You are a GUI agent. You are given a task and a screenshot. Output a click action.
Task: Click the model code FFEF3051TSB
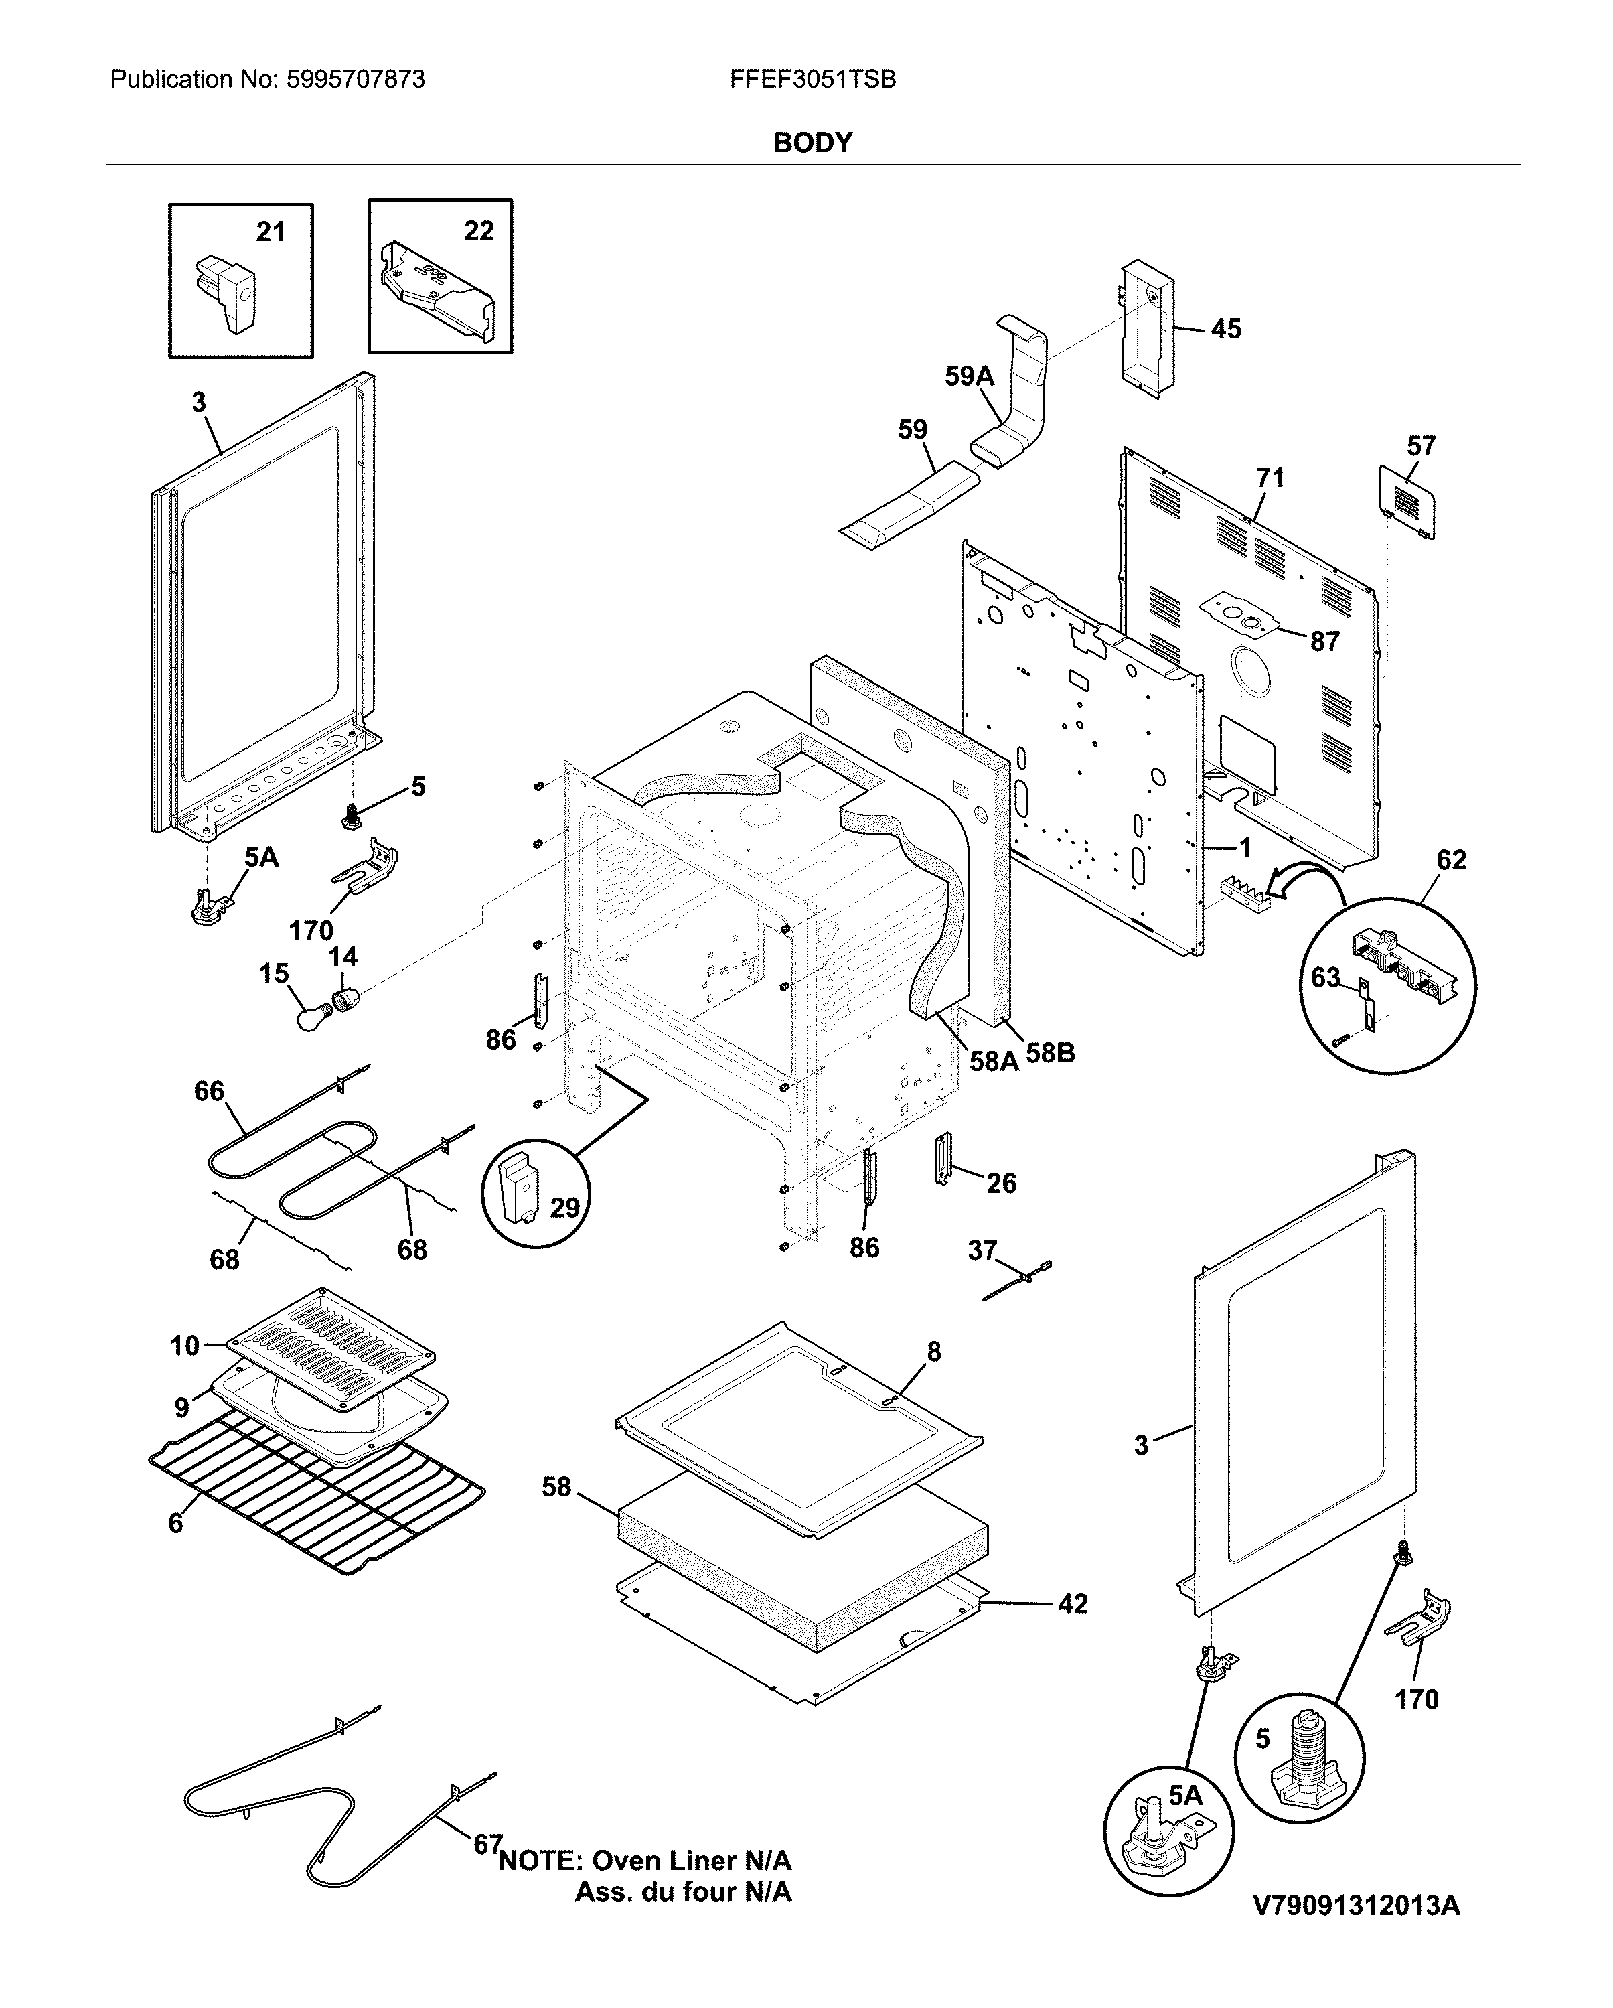(812, 80)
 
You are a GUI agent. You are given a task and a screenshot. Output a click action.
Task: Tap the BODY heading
(812, 143)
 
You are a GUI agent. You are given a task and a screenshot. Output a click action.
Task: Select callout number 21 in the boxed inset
(270, 232)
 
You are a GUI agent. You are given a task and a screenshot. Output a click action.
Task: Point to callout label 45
(1225, 329)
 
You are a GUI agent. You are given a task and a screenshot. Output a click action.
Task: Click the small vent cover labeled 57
(1406, 503)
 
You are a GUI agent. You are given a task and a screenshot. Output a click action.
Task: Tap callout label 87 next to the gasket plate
(1324, 642)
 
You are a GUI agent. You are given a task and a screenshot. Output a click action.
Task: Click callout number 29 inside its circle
(564, 1208)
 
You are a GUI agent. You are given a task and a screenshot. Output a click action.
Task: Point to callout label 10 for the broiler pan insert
(184, 1346)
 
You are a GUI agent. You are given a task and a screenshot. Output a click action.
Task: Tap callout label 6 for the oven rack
(175, 1523)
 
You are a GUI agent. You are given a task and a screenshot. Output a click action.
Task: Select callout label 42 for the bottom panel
(1073, 1604)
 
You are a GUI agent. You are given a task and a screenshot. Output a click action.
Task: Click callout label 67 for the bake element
(487, 1844)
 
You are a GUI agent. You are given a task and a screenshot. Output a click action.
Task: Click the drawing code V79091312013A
(1356, 1906)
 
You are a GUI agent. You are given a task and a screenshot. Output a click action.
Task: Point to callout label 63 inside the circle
(1324, 977)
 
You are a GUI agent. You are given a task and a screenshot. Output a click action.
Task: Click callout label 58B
(1051, 1054)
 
